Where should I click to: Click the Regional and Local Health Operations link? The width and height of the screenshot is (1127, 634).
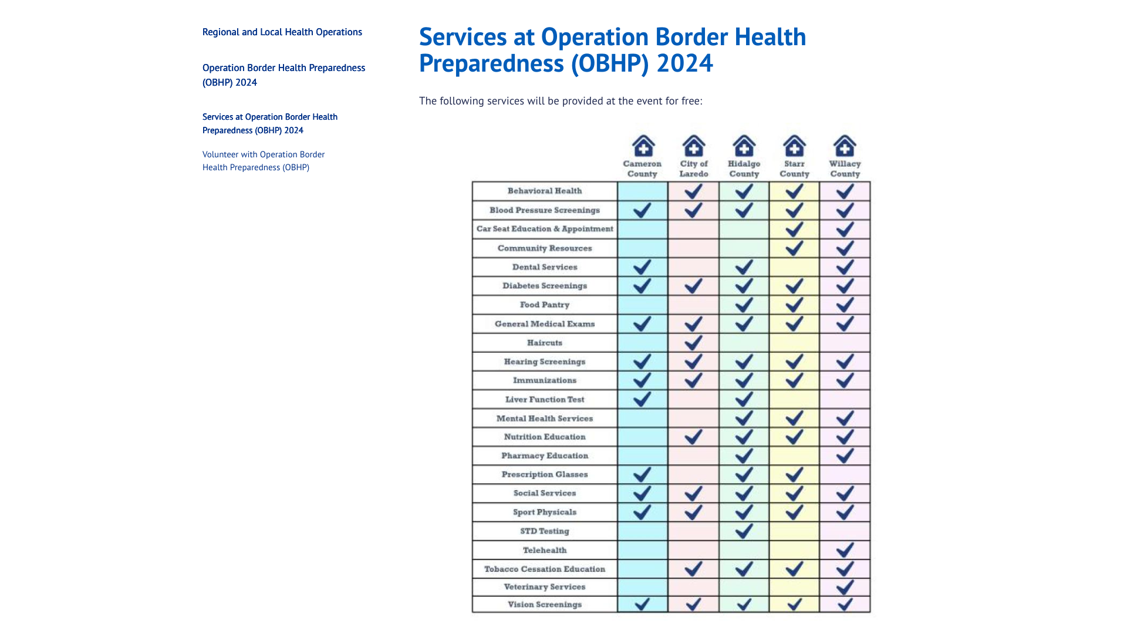click(282, 32)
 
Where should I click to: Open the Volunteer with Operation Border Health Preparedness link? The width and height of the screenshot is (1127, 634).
click(263, 161)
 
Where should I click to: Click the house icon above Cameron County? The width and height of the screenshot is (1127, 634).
click(643, 146)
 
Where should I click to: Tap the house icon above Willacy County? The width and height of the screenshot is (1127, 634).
click(845, 146)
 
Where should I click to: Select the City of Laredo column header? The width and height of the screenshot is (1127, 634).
click(694, 168)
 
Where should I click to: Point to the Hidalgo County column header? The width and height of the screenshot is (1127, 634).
click(744, 168)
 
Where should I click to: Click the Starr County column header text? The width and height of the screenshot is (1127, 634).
click(794, 168)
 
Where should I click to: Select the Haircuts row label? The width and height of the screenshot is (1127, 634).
click(544, 343)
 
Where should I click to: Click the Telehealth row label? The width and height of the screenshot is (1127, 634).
click(545, 550)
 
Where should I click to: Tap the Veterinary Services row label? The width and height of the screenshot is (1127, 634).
click(544, 587)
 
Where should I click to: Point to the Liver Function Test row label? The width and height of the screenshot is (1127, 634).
click(544, 399)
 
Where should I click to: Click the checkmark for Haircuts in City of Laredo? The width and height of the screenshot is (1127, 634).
click(693, 342)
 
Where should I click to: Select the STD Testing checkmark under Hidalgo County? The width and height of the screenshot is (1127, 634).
click(744, 531)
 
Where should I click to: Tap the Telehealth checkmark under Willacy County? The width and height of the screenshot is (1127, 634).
click(845, 550)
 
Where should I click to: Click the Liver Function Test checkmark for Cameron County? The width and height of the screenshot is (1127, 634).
click(642, 399)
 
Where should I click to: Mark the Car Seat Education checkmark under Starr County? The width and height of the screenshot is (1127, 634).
click(794, 229)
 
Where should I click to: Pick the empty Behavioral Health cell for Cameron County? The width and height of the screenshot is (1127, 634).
click(642, 191)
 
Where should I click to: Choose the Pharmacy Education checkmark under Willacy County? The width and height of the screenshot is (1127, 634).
click(845, 456)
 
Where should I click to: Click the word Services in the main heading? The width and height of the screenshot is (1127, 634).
click(463, 37)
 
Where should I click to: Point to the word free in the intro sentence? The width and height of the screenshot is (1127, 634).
click(690, 101)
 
